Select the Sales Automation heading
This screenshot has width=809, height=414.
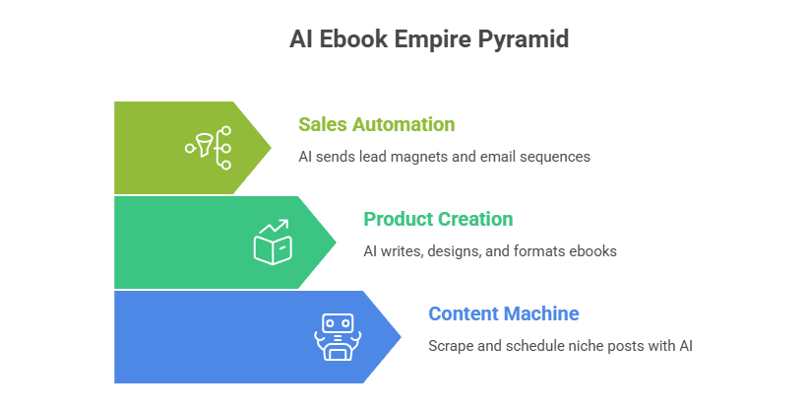pyautogui.click(x=377, y=124)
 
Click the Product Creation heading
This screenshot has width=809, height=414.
pyautogui.click(x=438, y=219)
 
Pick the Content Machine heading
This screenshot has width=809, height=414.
pyautogui.click(x=504, y=313)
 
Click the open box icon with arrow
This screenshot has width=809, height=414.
pyautogui.click(x=273, y=242)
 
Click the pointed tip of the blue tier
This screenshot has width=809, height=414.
pyautogui.click(x=402, y=337)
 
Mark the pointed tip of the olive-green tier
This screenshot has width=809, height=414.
pyautogui.click(x=272, y=148)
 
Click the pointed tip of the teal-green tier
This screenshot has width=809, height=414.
pyautogui.click(x=337, y=242)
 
